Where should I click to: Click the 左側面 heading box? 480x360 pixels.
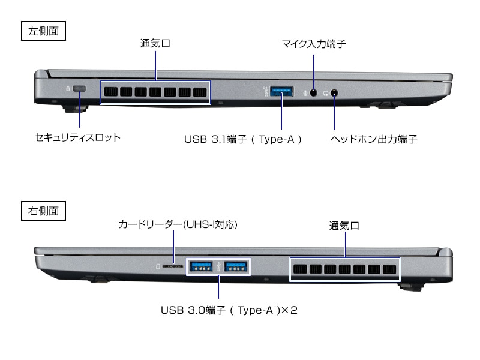point(44,31)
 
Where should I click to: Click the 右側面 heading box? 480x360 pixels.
point(44,211)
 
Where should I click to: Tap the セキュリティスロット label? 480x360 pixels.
point(77,138)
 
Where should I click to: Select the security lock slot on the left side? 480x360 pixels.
point(80,90)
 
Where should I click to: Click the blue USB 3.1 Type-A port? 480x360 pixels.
point(282,92)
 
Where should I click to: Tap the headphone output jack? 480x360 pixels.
point(334,93)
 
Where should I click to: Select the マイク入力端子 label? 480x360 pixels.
point(314,44)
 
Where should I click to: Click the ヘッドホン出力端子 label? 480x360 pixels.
point(374,139)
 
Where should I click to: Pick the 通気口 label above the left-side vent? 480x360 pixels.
point(155,44)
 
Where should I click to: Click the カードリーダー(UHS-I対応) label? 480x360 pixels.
point(178,225)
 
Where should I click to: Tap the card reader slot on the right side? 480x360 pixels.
point(174,266)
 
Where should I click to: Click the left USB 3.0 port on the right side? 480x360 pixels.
point(200,266)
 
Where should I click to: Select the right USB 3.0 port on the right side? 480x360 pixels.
point(236,266)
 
